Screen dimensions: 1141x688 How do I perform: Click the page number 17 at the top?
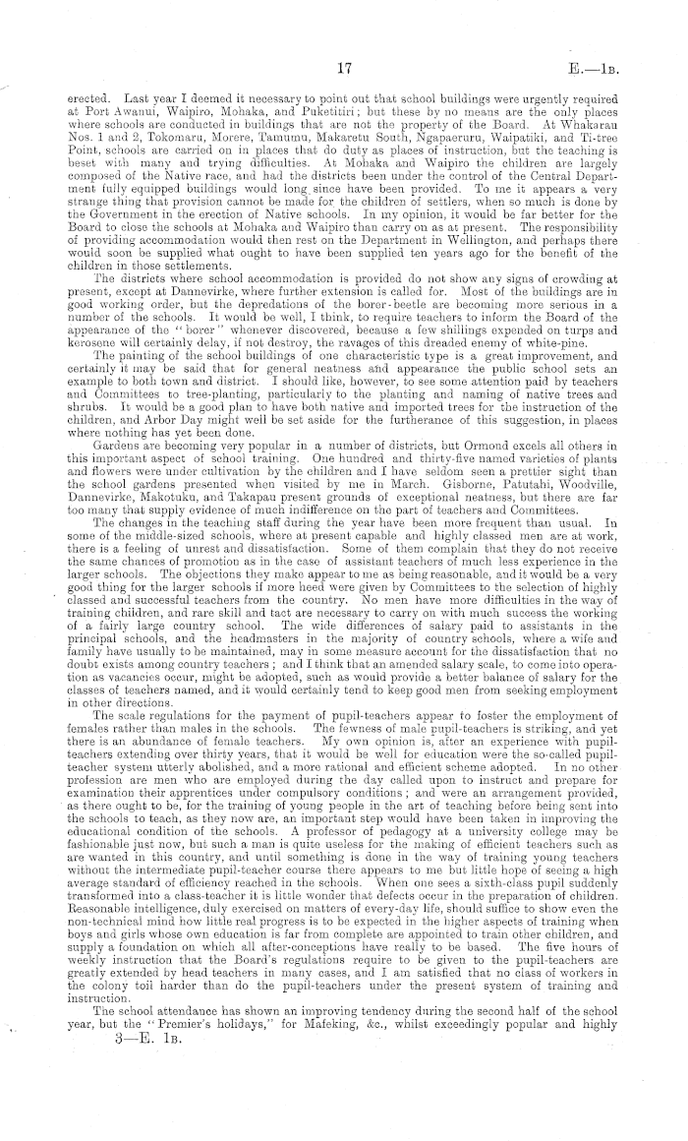point(344,68)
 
